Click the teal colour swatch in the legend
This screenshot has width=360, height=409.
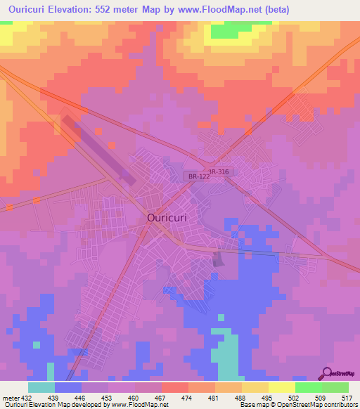41,387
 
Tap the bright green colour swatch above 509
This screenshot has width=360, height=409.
309,387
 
